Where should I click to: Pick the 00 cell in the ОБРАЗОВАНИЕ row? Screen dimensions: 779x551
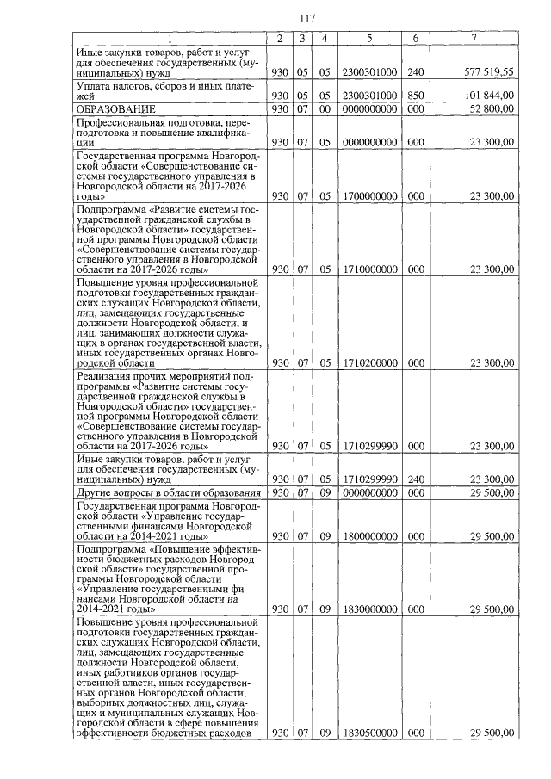point(325,109)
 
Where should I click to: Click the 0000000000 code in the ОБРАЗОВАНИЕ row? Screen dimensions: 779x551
point(369,109)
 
